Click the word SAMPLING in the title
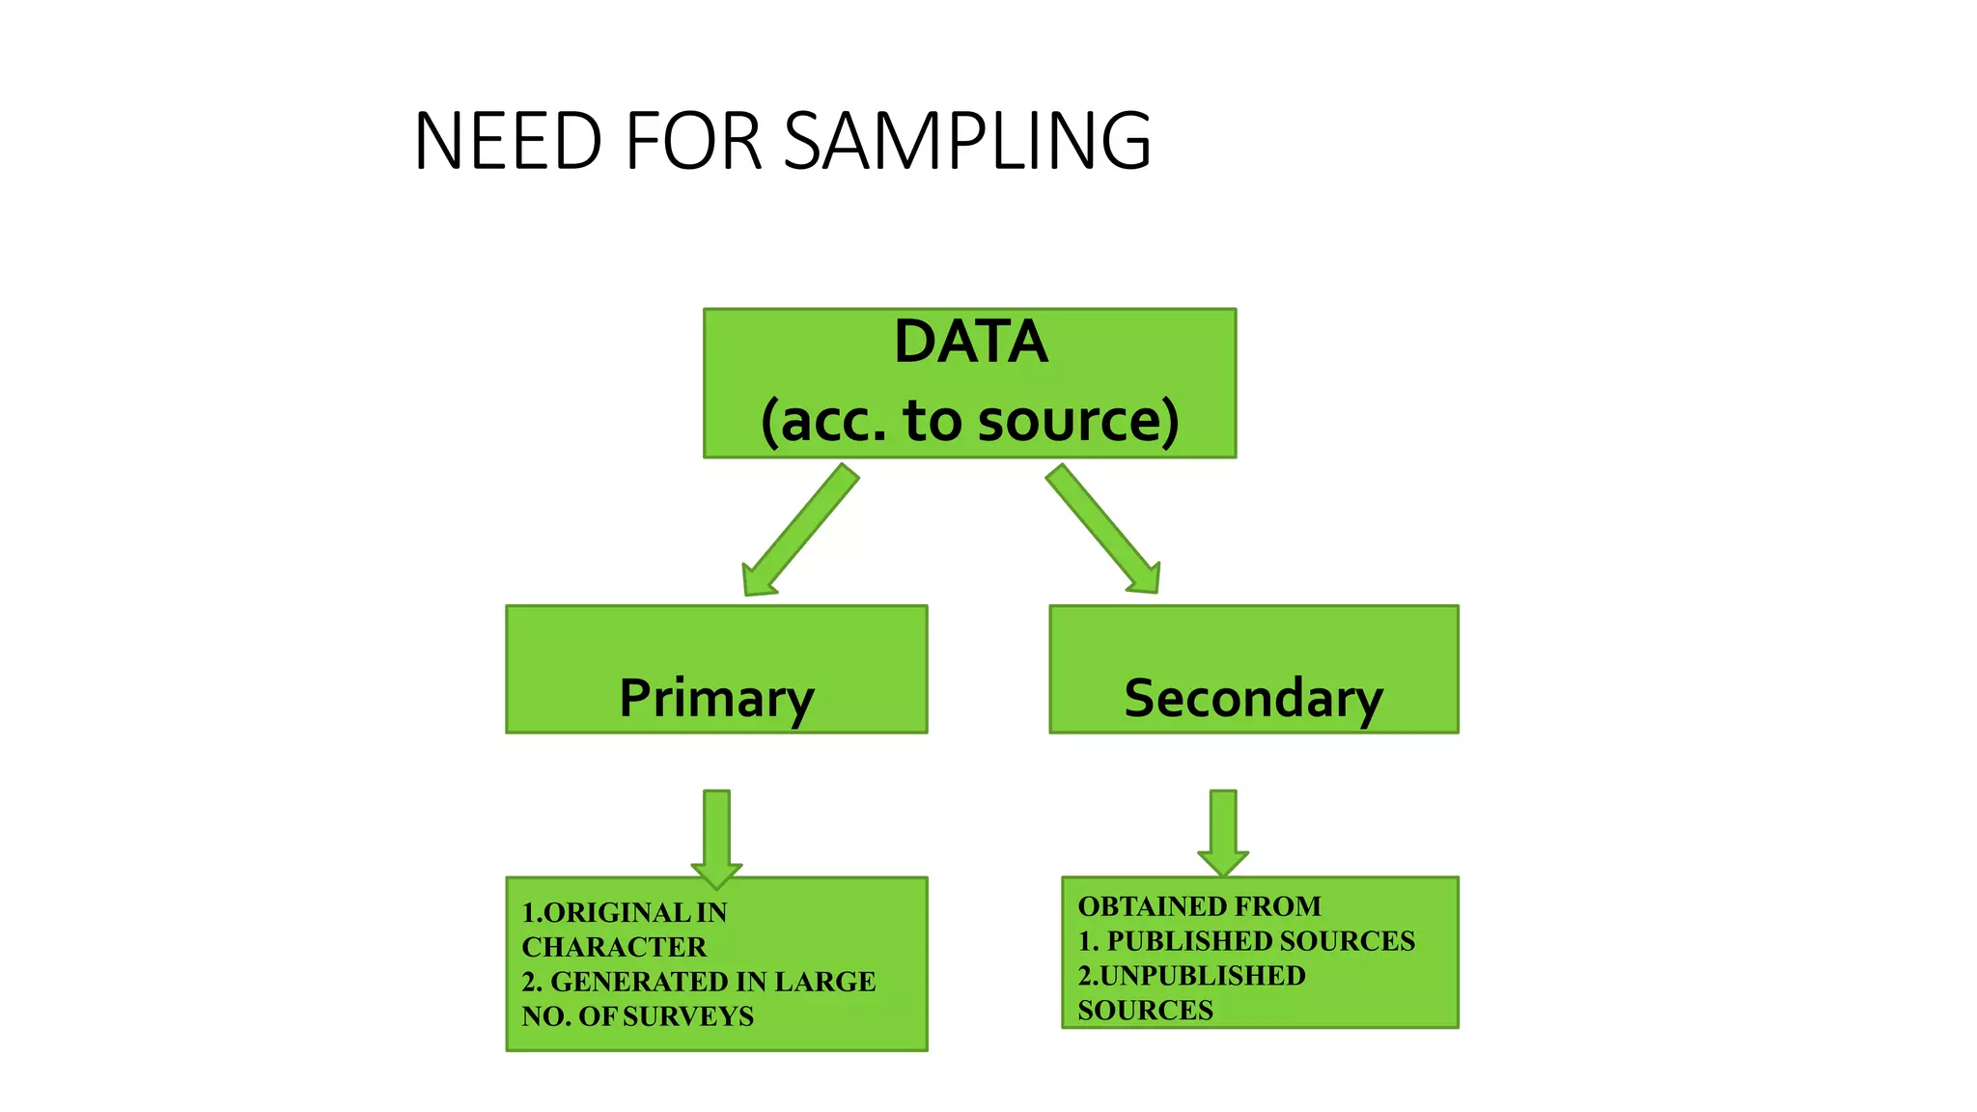[967, 141]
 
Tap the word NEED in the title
[508, 141]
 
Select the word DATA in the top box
[970, 342]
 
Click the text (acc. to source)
[970, 421]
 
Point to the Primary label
[716, 698]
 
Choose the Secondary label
[1253, 698]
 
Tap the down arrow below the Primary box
[716, 836]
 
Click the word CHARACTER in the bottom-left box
[614, 947]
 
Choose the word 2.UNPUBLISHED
[1191, 976]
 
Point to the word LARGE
[825, 982]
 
